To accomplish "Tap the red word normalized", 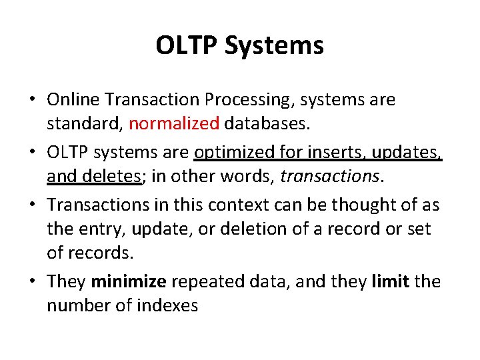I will pyautogui.click(x=174, y=123).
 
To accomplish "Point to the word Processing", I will pyautogui.click(x=249, y=100).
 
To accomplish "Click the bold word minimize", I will pyautogui.click(x=128, y=281).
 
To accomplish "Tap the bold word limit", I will pyautogui.click(x=391, y=281).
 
